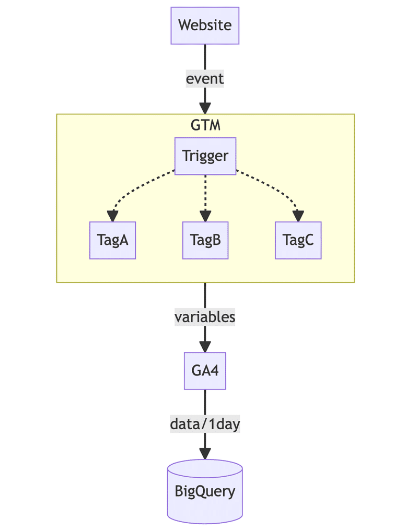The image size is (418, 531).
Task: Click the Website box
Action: (205, 25)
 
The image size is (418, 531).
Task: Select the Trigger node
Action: (205, 156)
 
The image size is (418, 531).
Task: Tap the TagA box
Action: (112, 240)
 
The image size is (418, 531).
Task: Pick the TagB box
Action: (205, 240)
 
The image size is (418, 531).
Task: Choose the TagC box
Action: (298, 240)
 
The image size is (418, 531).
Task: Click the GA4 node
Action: (205, 371)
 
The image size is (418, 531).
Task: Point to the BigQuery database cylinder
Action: (205, 491)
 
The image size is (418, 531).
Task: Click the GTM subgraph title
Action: (205, 125)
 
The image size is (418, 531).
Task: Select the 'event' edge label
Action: (205, 79)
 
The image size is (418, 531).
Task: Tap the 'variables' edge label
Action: (205, 317)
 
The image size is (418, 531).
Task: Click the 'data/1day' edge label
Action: (205, 424)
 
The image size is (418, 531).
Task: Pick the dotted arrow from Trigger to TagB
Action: (205, 193)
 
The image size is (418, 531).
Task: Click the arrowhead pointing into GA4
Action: (205, 347)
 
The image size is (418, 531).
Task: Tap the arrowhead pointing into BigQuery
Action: (205, 453)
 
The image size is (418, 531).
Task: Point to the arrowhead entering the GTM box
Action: (205, 108)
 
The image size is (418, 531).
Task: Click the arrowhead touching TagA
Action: (112, 217)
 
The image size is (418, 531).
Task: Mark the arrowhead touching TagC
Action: (298, 217)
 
